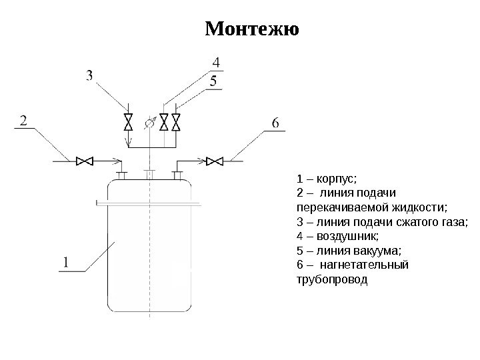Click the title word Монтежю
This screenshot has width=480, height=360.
[251, 31]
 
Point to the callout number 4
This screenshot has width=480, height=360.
[215, 63]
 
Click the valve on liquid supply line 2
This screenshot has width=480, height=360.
[84, 160]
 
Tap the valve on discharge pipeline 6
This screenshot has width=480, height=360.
[214, 160]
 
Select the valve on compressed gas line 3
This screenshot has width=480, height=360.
[127, 122]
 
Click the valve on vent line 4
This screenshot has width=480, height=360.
[164, 122]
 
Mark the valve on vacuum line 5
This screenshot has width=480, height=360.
[177, 122]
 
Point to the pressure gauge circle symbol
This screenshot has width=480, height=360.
[149, 122]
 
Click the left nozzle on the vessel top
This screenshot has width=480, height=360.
[121, 175]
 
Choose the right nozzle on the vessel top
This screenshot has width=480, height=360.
[177, 175]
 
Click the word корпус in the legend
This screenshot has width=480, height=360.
[337, 179]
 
